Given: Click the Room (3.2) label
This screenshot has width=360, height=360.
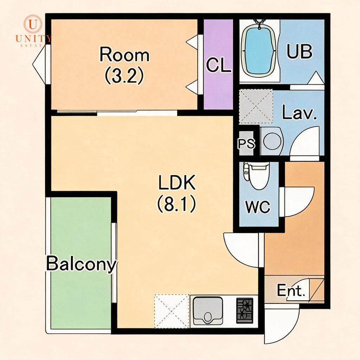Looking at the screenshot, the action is click(x=124, y=65).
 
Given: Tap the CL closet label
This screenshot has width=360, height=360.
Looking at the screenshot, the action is click(x=218, y=65).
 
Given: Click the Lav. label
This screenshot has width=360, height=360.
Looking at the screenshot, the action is click(x=299, y=112).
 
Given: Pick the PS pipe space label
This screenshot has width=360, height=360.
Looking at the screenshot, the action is click(x=246, y=143).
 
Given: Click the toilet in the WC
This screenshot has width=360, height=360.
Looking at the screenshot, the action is click(x=257, y=175).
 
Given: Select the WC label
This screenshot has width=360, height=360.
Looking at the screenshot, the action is click(x=258, y=206).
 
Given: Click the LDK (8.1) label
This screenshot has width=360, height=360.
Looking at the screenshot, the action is click(x=177, y=193).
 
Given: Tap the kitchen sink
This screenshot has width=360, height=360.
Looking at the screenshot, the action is click(x=208, y=311).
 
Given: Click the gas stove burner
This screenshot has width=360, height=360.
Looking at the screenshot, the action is click(x=245, y=310).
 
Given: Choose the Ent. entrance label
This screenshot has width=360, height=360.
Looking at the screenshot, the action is click(x=291, y=290).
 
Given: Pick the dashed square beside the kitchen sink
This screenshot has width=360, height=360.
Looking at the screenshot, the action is click(x=172, y=311).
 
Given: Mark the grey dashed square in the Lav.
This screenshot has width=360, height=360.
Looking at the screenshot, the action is click(x=256, y=107).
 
